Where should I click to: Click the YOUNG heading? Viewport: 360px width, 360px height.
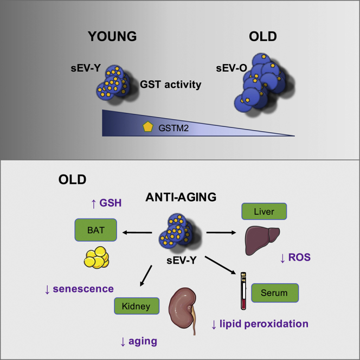(112, 36)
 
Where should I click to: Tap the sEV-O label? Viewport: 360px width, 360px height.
(232, 68)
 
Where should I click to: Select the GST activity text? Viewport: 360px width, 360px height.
(171, 85)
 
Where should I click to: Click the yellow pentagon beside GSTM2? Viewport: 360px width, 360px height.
(148, 127)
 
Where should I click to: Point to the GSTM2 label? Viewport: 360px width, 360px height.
(173, 128)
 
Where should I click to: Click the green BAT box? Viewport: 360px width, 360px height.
(96, 230)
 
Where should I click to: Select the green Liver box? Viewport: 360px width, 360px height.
(264, 211)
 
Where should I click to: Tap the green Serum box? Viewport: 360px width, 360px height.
(275, 293)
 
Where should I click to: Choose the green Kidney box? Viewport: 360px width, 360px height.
(137, 306)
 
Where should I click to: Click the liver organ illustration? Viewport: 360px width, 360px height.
(262, 240)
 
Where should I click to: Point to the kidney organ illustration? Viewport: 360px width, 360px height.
(183, 311)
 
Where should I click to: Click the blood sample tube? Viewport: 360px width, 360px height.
(243, 291)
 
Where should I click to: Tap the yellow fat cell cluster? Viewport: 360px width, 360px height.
(97, 258)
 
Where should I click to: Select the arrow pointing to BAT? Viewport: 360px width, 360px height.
(137, 233)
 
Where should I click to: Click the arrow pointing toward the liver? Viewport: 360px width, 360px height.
(221, 233)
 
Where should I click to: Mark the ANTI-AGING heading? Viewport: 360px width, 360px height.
(181, 197)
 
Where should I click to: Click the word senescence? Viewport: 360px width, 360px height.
(83, 289)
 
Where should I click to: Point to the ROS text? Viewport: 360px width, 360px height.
(299, 258)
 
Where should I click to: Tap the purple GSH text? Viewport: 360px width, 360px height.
(110, 203)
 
